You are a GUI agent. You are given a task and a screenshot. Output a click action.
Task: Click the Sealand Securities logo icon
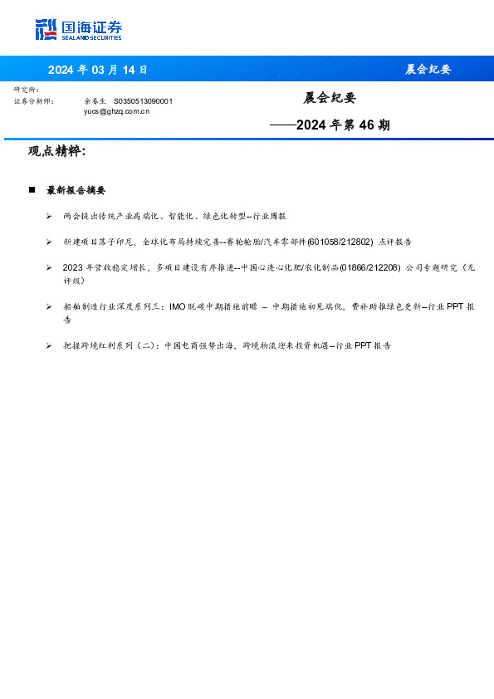[46, 29]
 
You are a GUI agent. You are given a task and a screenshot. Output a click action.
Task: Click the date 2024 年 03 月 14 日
[97, 70]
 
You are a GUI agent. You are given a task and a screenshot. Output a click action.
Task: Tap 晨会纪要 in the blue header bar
[428, 70]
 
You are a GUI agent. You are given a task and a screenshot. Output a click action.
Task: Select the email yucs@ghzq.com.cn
[117, 110]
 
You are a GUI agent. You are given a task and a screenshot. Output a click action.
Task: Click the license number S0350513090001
[143, 100]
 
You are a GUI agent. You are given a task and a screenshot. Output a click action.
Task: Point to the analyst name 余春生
[95, 100]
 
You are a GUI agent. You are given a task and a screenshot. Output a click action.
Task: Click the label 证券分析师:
[34, 100]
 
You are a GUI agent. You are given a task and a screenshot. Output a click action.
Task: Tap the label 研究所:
[27, 90]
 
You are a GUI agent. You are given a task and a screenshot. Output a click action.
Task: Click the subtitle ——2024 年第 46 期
[330, 125]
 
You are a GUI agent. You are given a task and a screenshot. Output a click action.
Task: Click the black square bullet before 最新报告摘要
[32, 190]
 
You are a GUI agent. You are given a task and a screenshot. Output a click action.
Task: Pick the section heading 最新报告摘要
[76, 190]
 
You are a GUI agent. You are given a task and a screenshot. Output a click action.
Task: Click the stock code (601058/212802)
[340, 242]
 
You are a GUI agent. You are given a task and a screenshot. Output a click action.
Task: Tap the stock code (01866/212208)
[370, 267]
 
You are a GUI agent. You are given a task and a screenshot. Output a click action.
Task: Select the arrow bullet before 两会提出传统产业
[50, 216]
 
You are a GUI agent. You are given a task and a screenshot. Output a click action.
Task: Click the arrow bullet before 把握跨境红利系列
[50, 345]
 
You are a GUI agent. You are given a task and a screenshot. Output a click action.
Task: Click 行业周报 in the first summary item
[270, 216]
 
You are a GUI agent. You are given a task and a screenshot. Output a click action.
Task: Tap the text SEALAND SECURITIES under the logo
[91, 37]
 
